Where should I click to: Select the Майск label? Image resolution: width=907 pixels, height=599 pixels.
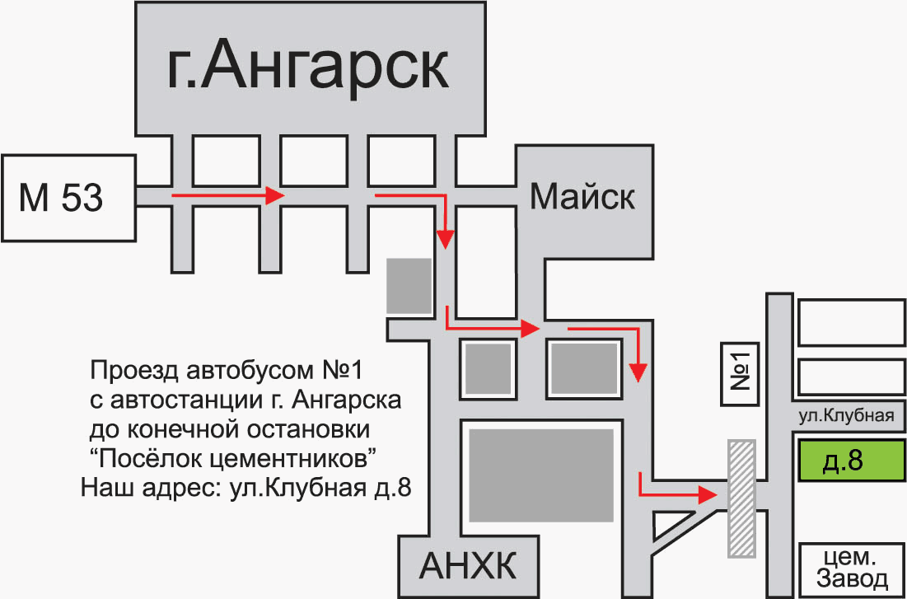point(582,197)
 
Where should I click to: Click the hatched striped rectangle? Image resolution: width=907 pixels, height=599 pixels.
point(742,498)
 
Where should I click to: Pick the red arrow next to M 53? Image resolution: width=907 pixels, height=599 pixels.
point(227,196)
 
